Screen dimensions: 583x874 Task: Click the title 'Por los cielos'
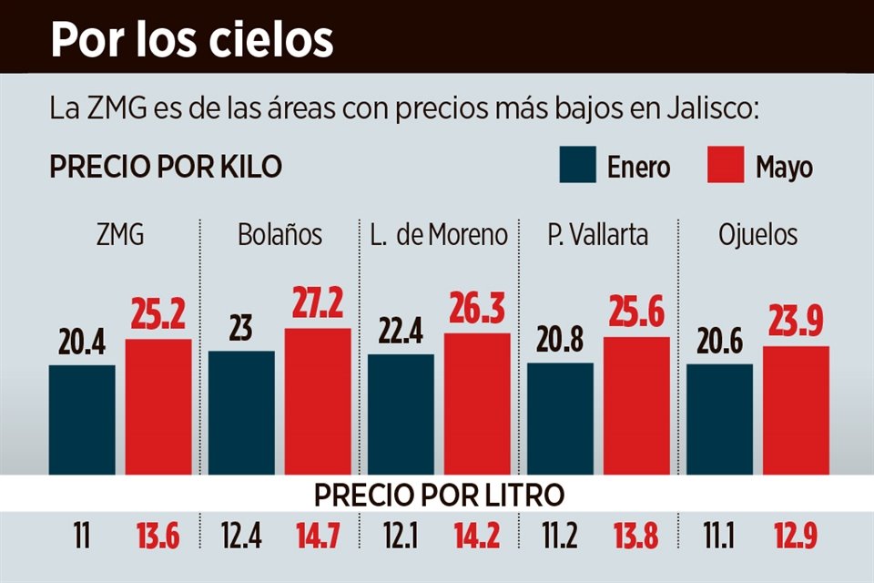[x=191, y=39]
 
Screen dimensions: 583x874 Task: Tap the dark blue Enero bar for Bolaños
[x=241, y=412]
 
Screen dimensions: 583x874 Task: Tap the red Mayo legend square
[x=726, y=164]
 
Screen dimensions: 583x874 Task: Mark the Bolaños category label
[x=279, y=235]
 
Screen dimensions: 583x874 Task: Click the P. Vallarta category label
[x=598, y=235]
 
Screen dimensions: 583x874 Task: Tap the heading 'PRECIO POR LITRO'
[x=439, y=495]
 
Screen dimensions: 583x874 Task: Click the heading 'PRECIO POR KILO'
[x=165, y=168]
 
